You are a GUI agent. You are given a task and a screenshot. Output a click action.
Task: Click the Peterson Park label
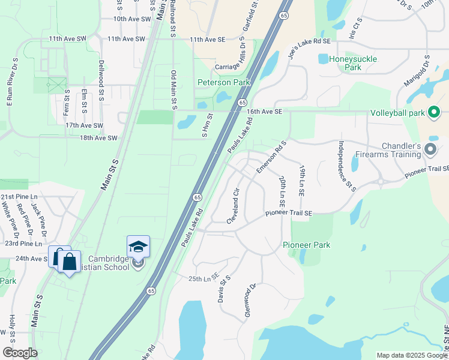224,82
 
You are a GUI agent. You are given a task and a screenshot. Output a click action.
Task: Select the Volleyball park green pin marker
435,112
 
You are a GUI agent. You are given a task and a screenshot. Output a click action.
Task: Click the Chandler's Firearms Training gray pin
430,149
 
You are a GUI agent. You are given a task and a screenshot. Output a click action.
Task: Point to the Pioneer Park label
307,245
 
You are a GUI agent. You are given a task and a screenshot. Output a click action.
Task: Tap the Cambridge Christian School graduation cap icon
138,247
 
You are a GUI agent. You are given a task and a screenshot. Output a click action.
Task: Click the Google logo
19,353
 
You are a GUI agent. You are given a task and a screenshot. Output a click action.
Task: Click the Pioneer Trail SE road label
290,213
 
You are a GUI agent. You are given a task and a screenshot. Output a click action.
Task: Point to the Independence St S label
347,166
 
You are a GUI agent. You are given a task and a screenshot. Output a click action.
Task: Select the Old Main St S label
173,90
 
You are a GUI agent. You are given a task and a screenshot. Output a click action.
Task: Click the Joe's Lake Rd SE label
309,41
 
